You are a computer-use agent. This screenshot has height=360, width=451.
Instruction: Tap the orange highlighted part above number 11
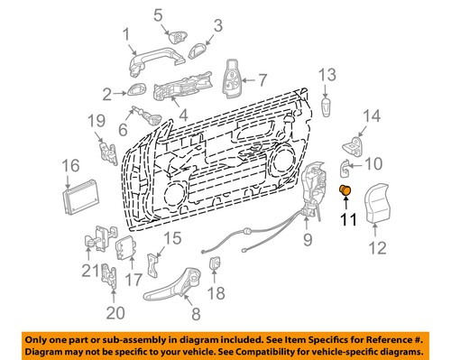tap(345, 190)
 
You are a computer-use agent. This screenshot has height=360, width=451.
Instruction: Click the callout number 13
tap(326, 74)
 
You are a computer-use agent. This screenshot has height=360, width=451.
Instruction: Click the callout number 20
tap(115, 313)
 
